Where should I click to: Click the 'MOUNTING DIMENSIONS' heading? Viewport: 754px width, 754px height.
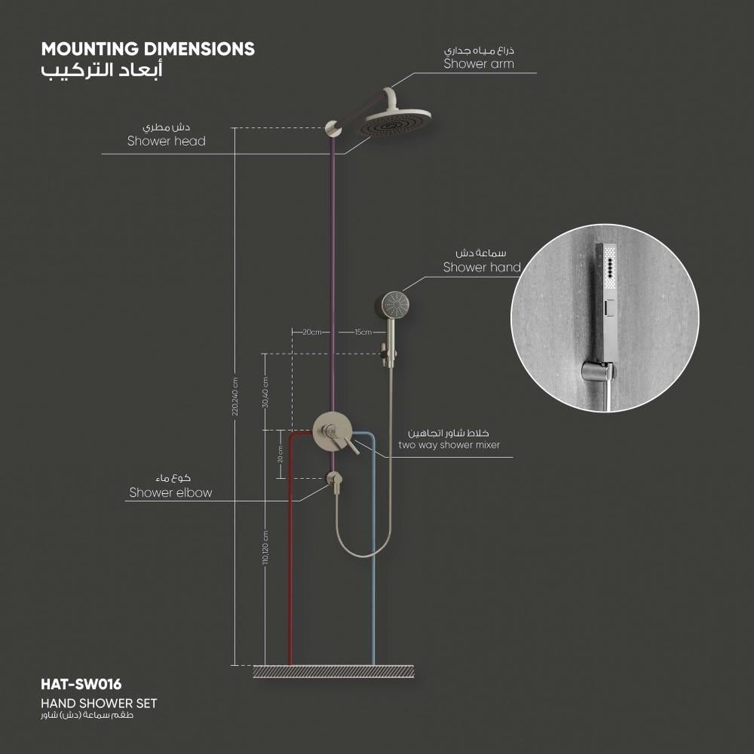pyautogui.click(x=148, y=49)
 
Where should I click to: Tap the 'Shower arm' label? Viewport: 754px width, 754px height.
pyautogui.click(x=479, y=64)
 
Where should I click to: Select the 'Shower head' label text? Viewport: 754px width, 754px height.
pyautogui.click(x=167, y=141)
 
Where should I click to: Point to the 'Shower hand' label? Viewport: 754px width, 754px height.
pyautogui.click(x=482, y=268)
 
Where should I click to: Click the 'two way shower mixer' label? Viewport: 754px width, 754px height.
pyautogui.click(x=449, y=446)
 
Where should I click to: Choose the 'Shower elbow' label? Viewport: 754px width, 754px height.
pyautogui.click(x=170, y=492)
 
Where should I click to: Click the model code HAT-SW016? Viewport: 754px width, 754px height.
pyautogui.click(x=81, y=685)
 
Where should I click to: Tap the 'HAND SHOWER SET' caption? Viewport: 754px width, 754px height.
pyautogui.click(x=99, y=703)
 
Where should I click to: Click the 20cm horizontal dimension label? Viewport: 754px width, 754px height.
pyautogui.click(x=311, y=332)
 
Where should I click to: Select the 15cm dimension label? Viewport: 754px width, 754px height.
pyautogui.click(x=363, y=332)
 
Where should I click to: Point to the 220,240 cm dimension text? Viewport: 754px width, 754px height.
pyautogui.click(x=235, y=397)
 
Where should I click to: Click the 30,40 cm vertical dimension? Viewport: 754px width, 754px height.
pyautogui.click(x=265, y=392)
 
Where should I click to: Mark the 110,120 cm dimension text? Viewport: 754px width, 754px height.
pyautogui.click(x=265, y=547)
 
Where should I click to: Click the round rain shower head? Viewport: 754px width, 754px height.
pyautogui.click(x=394, y=123)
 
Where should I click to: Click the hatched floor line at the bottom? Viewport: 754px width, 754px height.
pyautogui.click(x=333, y=671)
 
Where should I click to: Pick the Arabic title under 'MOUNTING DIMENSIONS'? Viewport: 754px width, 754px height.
pyautogui.click(x=102, y=70)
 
